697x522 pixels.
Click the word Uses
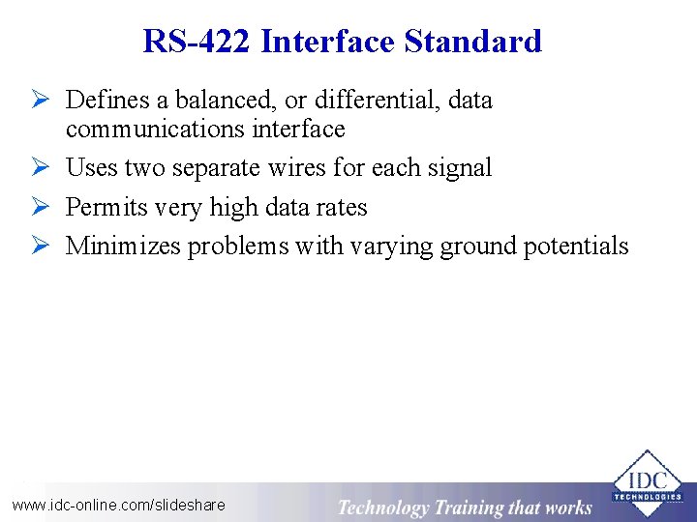[x=91, y=168]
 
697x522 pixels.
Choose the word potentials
[x=576, y=246]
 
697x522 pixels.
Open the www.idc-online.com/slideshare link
[x=118, y=505]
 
